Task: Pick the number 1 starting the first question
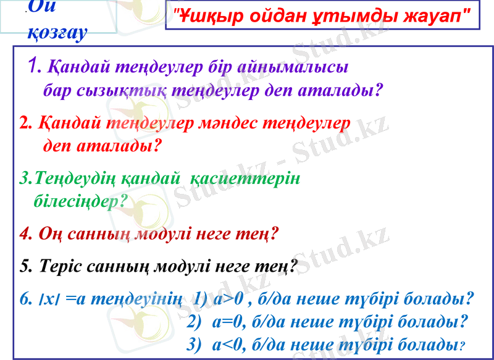[x=35, y=65]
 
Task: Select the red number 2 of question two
[x=25, y=123]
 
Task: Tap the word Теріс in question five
[x=59, y=267]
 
